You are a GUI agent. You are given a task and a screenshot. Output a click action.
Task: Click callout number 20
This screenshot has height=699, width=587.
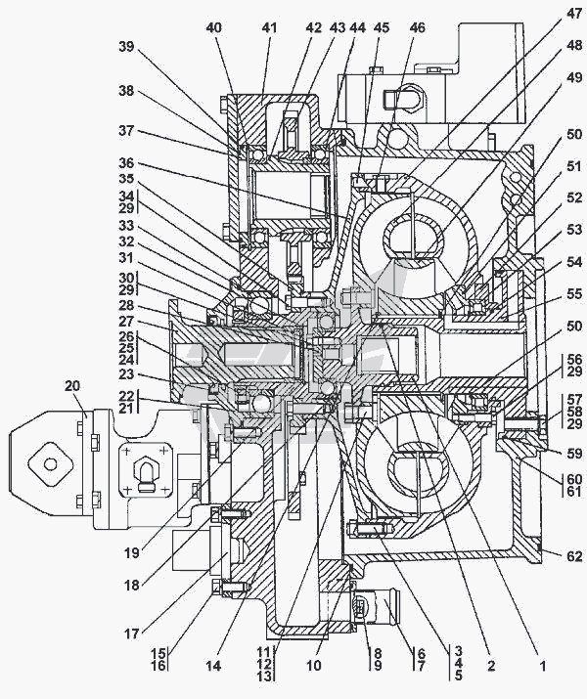pos(72,385)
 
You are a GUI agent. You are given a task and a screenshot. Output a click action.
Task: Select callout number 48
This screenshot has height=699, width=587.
pos(572,45)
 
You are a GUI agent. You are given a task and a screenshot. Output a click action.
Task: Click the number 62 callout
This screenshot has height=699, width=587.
pos(573,556)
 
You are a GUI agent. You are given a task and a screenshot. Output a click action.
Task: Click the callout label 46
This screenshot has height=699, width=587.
pos(418,28)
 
